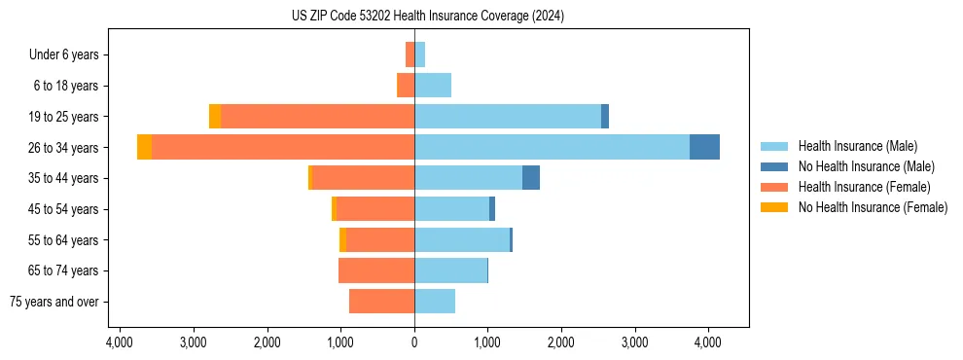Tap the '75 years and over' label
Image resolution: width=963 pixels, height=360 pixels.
coord(54,302)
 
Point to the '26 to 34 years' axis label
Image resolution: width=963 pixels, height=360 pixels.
coord(64,148)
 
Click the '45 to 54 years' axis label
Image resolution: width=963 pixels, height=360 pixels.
coord(64,209)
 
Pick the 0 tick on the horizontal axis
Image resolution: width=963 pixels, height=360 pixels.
coord(414,342)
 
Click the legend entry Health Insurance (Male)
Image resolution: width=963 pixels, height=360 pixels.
coord(857,146)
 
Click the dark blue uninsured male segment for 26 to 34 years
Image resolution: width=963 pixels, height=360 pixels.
coord(704,147)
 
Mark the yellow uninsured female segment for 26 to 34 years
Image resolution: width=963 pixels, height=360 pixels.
coord(144,147)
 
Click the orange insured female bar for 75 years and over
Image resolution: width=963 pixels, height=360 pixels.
coord(381,302)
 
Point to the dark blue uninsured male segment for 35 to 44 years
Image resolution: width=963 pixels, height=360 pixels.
coord(531,178)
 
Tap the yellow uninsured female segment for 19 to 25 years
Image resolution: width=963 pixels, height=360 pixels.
coord(215,116)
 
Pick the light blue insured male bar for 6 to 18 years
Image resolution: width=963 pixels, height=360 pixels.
coord(433,86)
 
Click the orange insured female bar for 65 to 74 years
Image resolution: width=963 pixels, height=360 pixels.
coord(376,270)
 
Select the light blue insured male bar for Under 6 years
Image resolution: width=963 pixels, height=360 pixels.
coord(420,54)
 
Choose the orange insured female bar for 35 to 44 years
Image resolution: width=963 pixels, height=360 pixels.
coord(363,178)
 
